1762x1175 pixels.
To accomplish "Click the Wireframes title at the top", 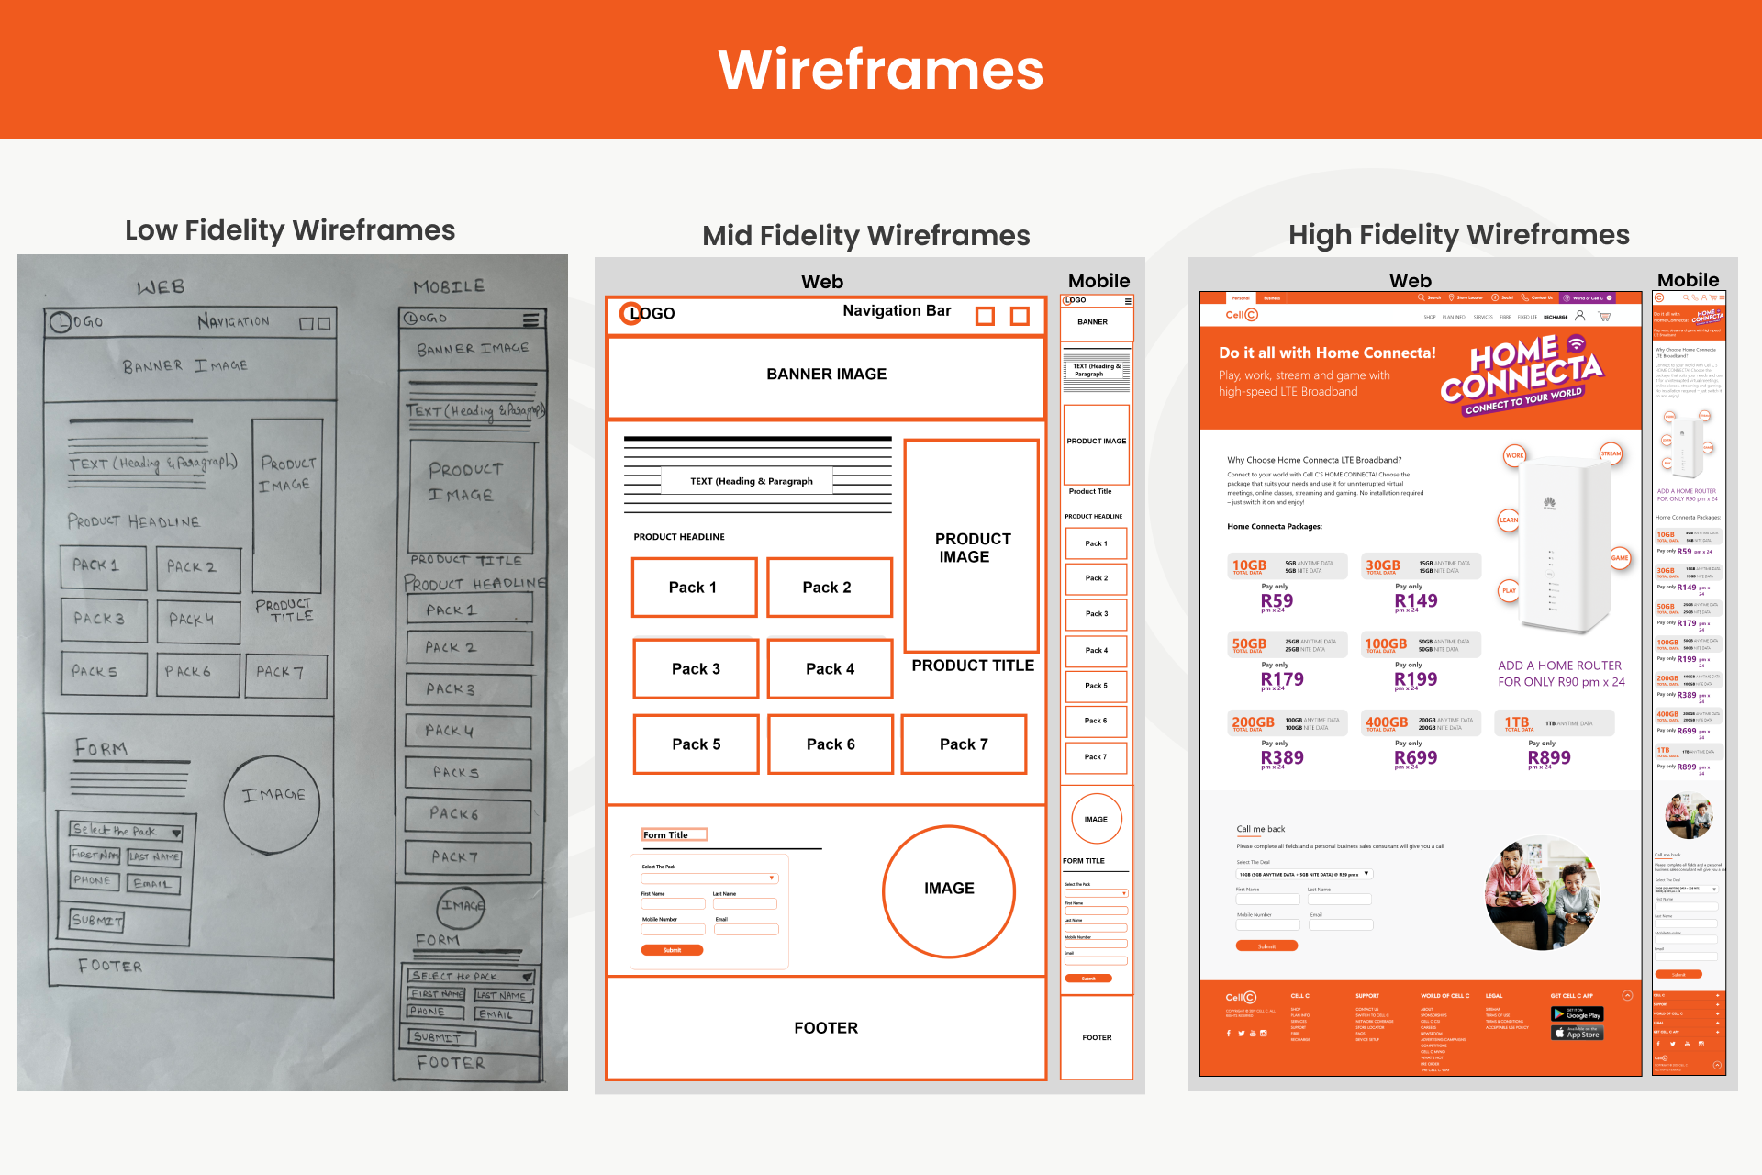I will [x=880, y=70].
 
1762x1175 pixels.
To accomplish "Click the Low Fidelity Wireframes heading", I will [x=290, y=229].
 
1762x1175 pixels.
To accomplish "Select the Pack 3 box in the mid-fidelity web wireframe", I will [x=696, y=669].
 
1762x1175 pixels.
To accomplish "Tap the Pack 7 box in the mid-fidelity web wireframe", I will [x=964, y=744].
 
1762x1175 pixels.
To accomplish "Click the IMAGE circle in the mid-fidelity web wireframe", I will [x=949, y=889].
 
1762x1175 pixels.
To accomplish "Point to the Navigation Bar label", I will [x=897, y=311].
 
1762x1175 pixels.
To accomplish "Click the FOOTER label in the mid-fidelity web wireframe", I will [x=826, y=1028].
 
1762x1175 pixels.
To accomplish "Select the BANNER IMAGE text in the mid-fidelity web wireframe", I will [x=826, y=375].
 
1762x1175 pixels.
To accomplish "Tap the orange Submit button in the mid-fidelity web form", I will [x=672, y=950].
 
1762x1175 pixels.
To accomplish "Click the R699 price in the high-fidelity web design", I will [x=1415, y=757].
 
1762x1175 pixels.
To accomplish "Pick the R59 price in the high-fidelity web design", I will [x=1277, y=600].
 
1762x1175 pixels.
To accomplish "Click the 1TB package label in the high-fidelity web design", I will [x=1517, y=722].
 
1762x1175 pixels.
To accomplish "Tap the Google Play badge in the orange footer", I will [x=1577, y=1014].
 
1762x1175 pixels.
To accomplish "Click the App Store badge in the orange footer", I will [x=1577, y=1034].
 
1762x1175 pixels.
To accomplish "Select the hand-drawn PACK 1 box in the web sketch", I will [x=103, y=566].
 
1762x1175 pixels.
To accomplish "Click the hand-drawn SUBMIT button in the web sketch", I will [x=97, y=920].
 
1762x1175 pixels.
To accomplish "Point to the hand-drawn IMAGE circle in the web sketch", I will [x=273, y=796].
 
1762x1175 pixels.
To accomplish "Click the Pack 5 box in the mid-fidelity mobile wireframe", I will [x=1096, y=686].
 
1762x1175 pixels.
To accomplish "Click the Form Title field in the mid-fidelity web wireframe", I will [x=675, y=834].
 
